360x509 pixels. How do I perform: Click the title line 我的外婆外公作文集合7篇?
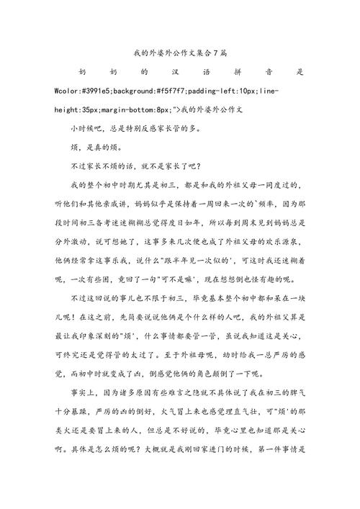pos(180,53)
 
